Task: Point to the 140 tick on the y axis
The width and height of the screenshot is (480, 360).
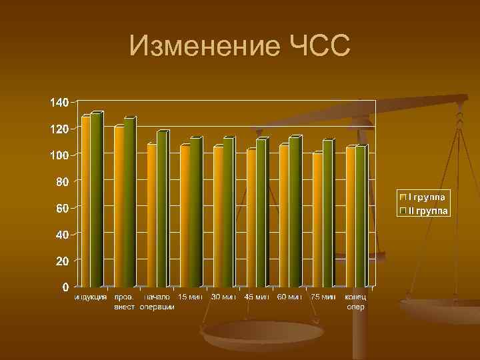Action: tap(59, 103)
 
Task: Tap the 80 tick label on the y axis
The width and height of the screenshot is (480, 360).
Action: tap(61, 181)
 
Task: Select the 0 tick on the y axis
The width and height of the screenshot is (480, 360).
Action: tap(65, 287)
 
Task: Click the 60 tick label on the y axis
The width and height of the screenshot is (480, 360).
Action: tap(61, 208)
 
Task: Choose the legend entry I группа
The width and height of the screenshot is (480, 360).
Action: tap(427, 197)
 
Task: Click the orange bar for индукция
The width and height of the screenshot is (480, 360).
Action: tap(86, 200)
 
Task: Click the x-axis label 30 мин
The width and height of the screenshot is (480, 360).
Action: tap(223, 297)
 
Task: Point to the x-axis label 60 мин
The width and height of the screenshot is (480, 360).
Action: tap(289, 297)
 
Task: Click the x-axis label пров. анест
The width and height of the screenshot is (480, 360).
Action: tap(124, 301)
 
